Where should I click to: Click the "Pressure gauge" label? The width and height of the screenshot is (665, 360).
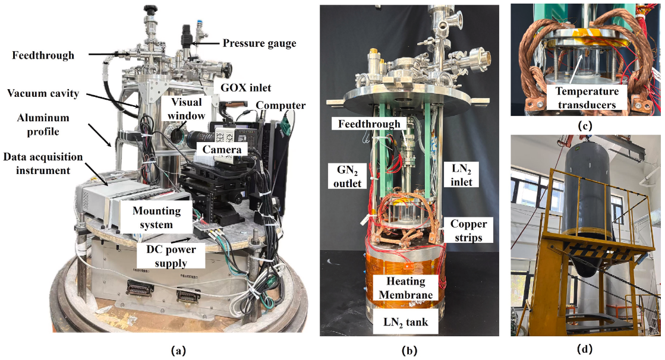click(x=259, y=43)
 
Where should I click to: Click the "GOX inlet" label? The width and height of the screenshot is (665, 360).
click(x=245, y=88)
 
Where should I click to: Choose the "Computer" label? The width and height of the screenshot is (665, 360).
click(x=281, y=106)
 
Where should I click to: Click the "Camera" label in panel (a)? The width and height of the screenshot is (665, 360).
click(x=221, y=150)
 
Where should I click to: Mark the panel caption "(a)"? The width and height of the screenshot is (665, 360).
click(x=175, y=350)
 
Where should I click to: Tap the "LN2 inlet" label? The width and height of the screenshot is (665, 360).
click(x=459, y=176)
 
